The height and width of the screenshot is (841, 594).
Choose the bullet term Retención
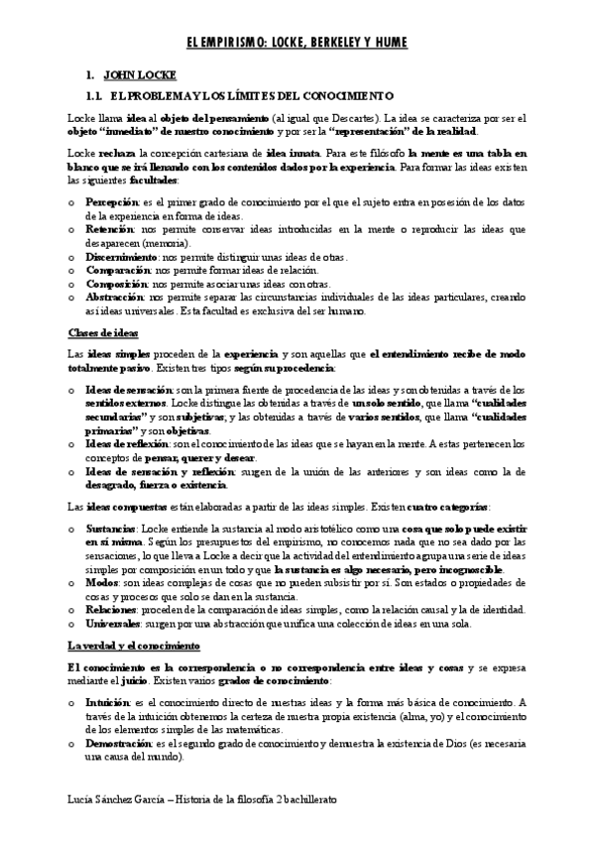109,228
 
